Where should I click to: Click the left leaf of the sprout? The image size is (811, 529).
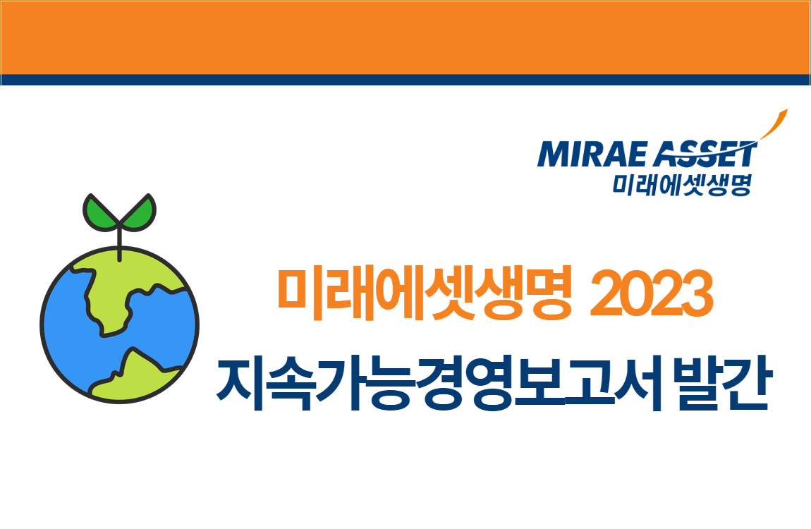[x=99, y=212]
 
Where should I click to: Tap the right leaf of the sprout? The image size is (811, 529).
[x=140, y=212]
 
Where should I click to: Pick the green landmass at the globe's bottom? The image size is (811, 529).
[x=138, y=374]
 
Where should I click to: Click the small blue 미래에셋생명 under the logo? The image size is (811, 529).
[x=681, y=184]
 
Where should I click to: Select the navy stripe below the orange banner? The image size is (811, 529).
[x=405, y=80]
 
